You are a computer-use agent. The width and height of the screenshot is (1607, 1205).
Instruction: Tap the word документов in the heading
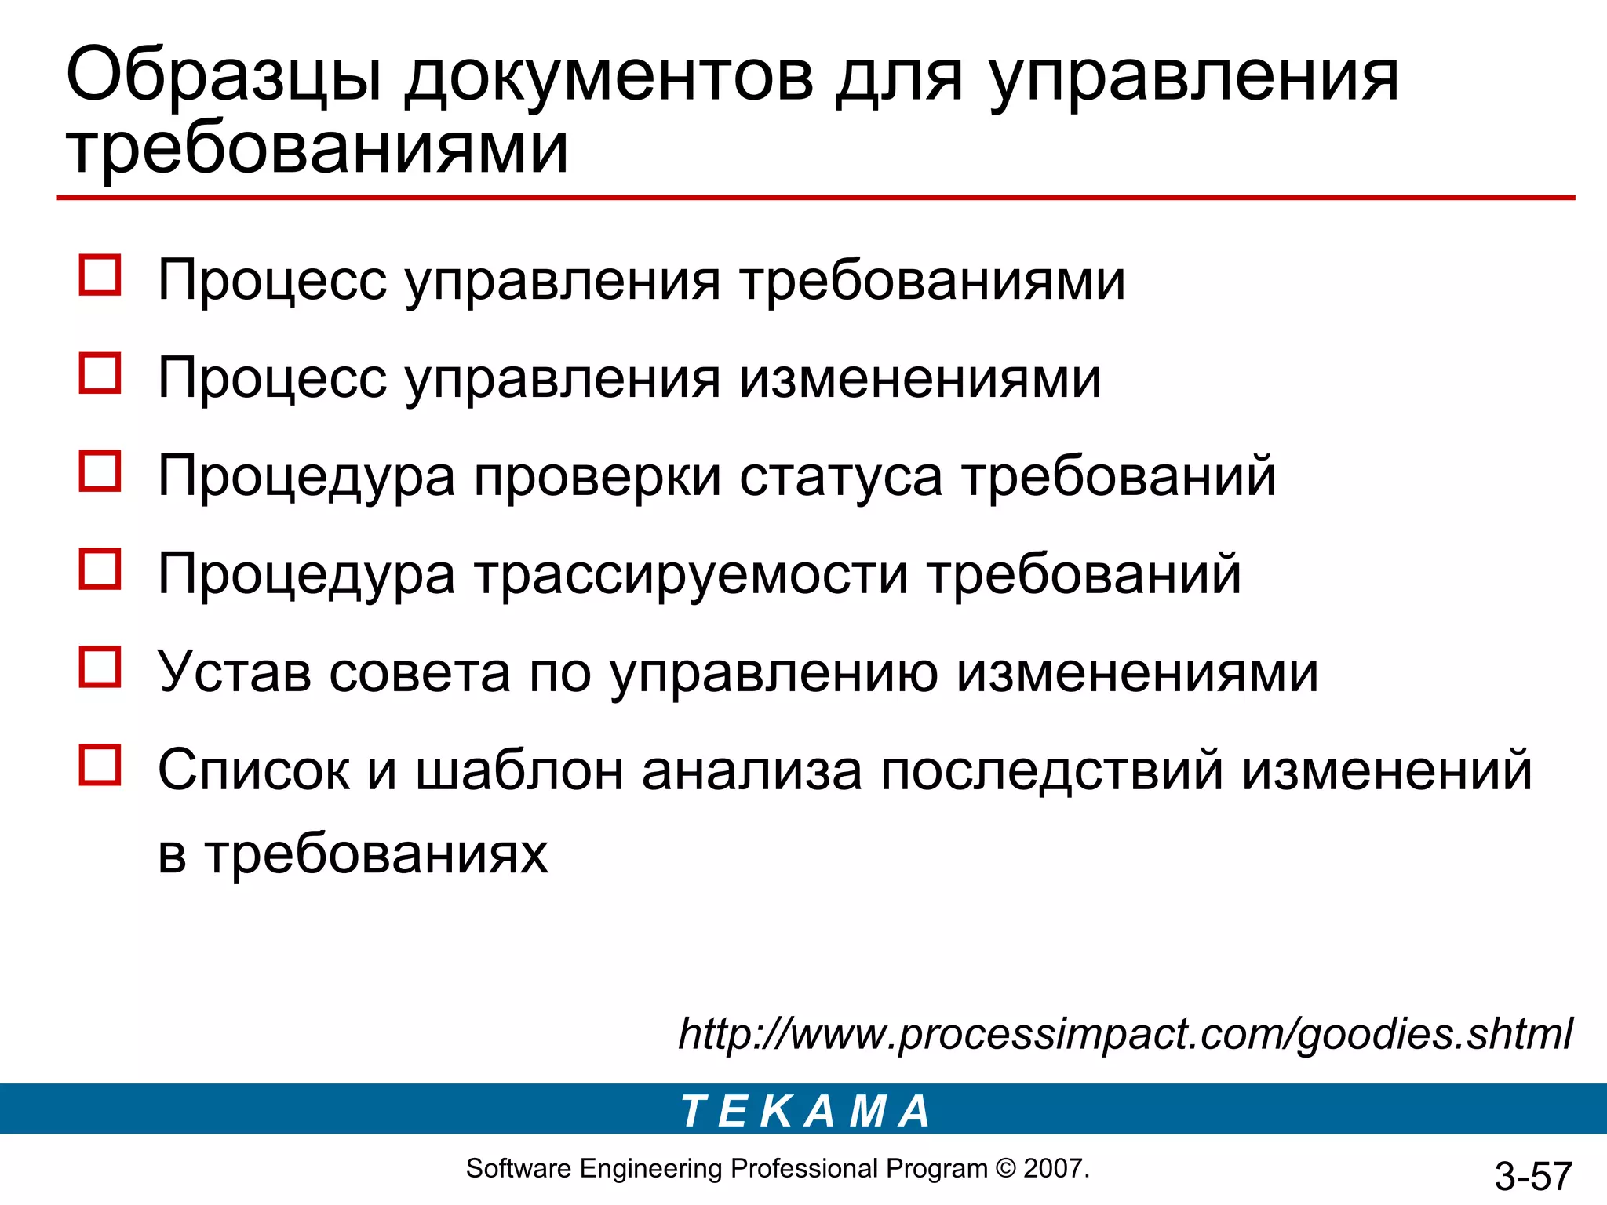(610, 78)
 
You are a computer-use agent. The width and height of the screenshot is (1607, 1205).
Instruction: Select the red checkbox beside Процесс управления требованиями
(100, 275)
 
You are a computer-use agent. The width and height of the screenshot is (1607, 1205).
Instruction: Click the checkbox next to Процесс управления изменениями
(100, 373)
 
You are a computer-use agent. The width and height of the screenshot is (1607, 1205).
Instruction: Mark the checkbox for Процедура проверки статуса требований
(100, 471)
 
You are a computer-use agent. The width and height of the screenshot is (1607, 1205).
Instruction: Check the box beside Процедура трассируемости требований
(100, 570)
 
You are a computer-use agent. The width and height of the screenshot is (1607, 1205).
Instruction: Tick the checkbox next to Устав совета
(100, 668)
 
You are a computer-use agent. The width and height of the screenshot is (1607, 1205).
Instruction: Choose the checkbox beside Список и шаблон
(100, 766)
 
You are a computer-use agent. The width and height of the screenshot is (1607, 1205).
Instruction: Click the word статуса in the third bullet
(840, 476)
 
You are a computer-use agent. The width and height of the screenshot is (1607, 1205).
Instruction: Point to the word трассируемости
(691, 574)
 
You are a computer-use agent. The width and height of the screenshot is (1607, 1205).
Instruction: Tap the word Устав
(234, 672)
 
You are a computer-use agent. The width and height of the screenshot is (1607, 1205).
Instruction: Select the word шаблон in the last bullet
(519, 770)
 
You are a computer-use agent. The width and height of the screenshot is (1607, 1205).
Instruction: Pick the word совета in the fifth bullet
(420, 672)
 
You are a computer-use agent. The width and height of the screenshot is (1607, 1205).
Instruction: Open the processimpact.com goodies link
(1125, 1034)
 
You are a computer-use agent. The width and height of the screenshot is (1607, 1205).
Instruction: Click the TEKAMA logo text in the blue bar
(805, 1111)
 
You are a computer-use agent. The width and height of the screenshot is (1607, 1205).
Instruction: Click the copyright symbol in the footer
(1005, 1169)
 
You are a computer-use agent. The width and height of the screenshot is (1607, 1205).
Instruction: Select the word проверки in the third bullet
(597, 476)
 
